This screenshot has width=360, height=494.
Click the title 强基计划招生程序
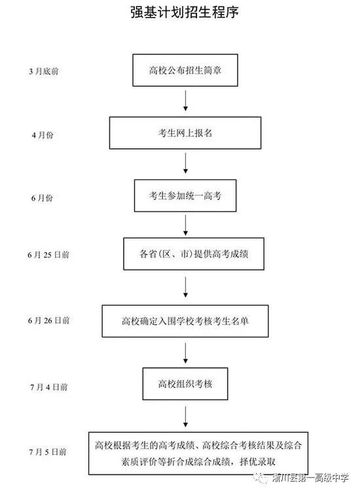[x=185, y=12]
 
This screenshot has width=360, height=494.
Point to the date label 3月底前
[x=44, y=71]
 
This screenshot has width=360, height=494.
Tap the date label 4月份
[x=43, y=135]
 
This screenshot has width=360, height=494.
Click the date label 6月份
[x=42, y=198]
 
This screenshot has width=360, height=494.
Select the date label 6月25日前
[x=48, y=255]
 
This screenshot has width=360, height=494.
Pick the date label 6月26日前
[x=49, y=320]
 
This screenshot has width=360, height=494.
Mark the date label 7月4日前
[x=49, y=387]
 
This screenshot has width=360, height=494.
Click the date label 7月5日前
[x=48, y=452]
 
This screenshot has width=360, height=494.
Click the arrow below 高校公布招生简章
[x=186, y=100]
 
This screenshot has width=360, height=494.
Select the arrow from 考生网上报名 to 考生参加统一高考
[x=186, y=163]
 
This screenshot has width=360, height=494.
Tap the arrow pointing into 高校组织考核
[x=186, y=353]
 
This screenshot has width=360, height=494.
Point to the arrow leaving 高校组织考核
[x=186, y=417]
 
